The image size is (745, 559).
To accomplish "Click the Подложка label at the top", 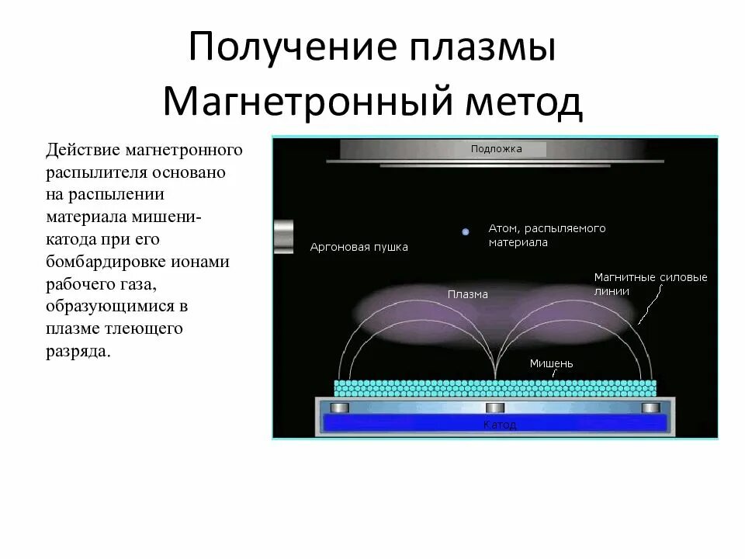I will pos(496,148).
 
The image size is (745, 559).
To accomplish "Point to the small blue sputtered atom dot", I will pos(466,231).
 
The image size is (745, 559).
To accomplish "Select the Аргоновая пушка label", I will pos(359,247).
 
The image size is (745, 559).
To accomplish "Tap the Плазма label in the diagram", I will pos(467,294).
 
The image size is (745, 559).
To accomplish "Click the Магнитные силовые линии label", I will pos(650,284).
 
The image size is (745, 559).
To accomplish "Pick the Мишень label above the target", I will pos(551,363).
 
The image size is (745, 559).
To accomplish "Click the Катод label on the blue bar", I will pos(499,425).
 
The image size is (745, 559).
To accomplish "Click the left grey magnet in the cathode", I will pos(340,408).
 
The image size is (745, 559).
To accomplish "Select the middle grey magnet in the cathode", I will pos(495,408).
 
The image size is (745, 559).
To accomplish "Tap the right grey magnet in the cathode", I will pos(650,408).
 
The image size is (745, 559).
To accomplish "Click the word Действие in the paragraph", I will pos(78,149).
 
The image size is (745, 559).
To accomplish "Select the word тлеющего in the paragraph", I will pos(140,328).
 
